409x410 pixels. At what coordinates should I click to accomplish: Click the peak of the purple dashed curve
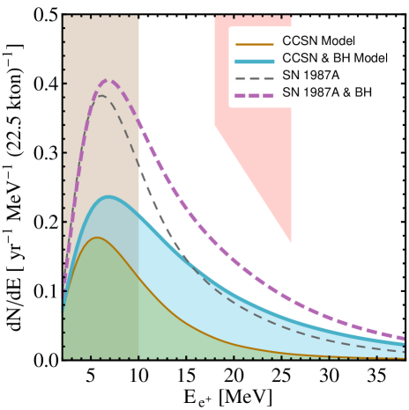coord(108,80)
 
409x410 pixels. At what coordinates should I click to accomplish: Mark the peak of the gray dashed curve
coord(102,95)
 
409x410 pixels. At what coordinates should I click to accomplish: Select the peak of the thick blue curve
coord(108,197)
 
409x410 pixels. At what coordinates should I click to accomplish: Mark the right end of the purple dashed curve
coord(405,339)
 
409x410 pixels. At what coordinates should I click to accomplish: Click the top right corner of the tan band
coord(138,16)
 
